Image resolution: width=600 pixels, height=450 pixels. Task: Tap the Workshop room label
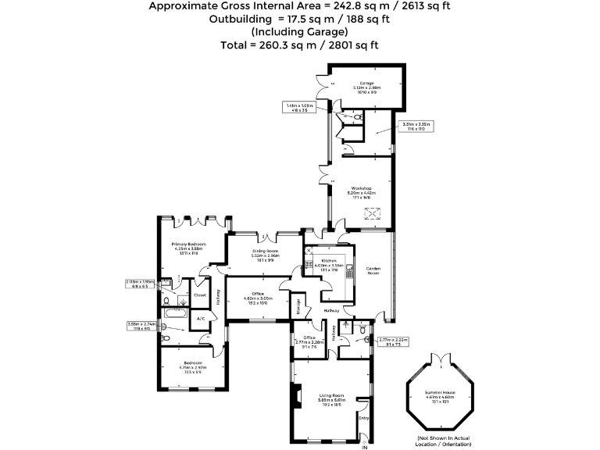tap(360, 188)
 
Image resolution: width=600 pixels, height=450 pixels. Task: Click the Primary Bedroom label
tap(187, 245)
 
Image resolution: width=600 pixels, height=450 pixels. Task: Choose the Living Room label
tap(333, 395)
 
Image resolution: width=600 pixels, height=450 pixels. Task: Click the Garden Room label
tap(373, 270)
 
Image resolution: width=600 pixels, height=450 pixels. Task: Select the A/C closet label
tap(200, 319)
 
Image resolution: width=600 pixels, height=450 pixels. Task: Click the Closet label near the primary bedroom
tap(200, 295)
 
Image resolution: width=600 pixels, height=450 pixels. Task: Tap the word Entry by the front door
tap(363, 419)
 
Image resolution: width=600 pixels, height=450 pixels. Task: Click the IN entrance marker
tap(363, 446)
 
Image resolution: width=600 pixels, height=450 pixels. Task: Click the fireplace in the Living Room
tap(295, 397)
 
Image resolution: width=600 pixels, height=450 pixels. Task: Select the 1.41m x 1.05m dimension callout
tap(299, 107)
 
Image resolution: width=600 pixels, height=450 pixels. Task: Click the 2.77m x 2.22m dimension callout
tap(393, 341)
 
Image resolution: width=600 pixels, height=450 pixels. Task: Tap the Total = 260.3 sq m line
tap(300, 45)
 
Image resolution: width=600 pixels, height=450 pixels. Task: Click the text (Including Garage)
tap(300, 32)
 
